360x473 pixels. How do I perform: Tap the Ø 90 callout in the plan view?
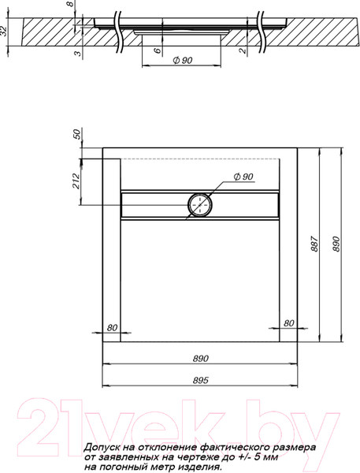coord(243,177)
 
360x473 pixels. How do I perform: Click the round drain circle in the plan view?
coord(200,205)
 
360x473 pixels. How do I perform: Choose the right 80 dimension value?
coord(288,323)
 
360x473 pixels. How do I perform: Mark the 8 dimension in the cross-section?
coord(70,7)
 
